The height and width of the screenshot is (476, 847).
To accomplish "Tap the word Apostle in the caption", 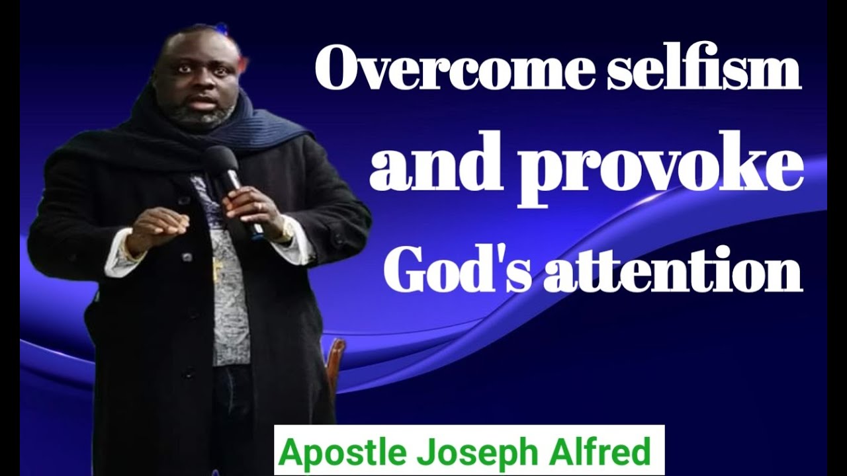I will (x=335, y=453).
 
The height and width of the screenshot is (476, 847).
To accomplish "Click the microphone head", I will (x=220, y=161).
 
